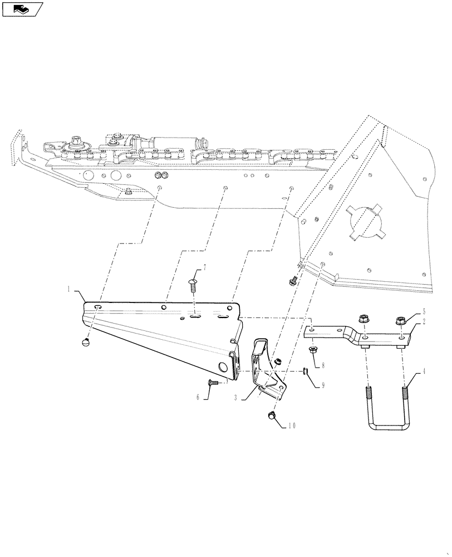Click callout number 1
[x=69, y=290]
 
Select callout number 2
[x=424, y=321]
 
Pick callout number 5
[x=424, y=312]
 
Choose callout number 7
[x=204, y=268]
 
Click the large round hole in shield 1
[x=223, y=365]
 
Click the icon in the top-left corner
[x=22, y=8]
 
